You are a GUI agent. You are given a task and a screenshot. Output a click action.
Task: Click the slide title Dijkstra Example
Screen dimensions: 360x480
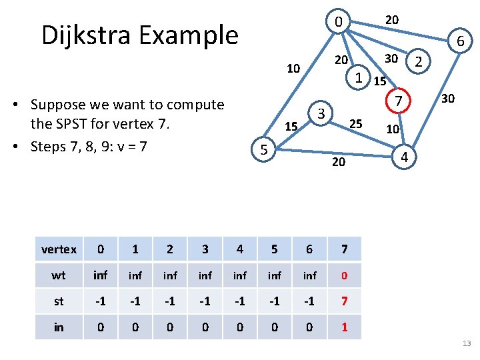click(x=139, y=35)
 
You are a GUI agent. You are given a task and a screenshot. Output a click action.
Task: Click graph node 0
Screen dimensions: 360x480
click(x=339, y=23)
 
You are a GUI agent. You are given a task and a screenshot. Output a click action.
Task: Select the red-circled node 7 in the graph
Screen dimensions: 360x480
click(x=397, y=102)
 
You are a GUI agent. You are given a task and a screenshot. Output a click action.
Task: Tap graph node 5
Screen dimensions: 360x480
click(x=264, y=151)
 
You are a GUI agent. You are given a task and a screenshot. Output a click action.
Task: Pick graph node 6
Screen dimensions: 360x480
click(x=460, y=43)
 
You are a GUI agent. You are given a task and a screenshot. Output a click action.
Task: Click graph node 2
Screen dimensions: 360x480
click(x=418, y=62)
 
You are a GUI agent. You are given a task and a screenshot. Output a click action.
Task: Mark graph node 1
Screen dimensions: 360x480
click(x=359, y=77)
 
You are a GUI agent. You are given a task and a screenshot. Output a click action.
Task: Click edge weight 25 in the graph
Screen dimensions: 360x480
click(x=356, y=123)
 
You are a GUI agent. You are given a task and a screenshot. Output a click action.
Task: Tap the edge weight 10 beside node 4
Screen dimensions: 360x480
click(x=393, y=129)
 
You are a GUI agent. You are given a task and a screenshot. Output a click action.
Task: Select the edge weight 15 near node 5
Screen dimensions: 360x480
click(x=291, y=127)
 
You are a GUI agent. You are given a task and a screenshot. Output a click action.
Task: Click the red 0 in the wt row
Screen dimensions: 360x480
click(x=344, y=275)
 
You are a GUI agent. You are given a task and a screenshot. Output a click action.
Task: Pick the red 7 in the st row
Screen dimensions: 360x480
click(x=344, y=301)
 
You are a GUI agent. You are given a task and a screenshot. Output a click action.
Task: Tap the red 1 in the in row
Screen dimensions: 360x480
click(x=344, y=327)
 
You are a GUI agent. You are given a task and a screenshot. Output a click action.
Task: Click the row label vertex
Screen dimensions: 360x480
click(x=59, y=249)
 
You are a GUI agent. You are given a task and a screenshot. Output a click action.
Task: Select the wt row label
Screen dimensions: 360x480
click(x=59, y=275)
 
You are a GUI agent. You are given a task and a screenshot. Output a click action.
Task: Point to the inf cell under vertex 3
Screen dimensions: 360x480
click(x=205, y=275)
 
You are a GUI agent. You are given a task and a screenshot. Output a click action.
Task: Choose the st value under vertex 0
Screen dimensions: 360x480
click(x=101, y=301)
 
